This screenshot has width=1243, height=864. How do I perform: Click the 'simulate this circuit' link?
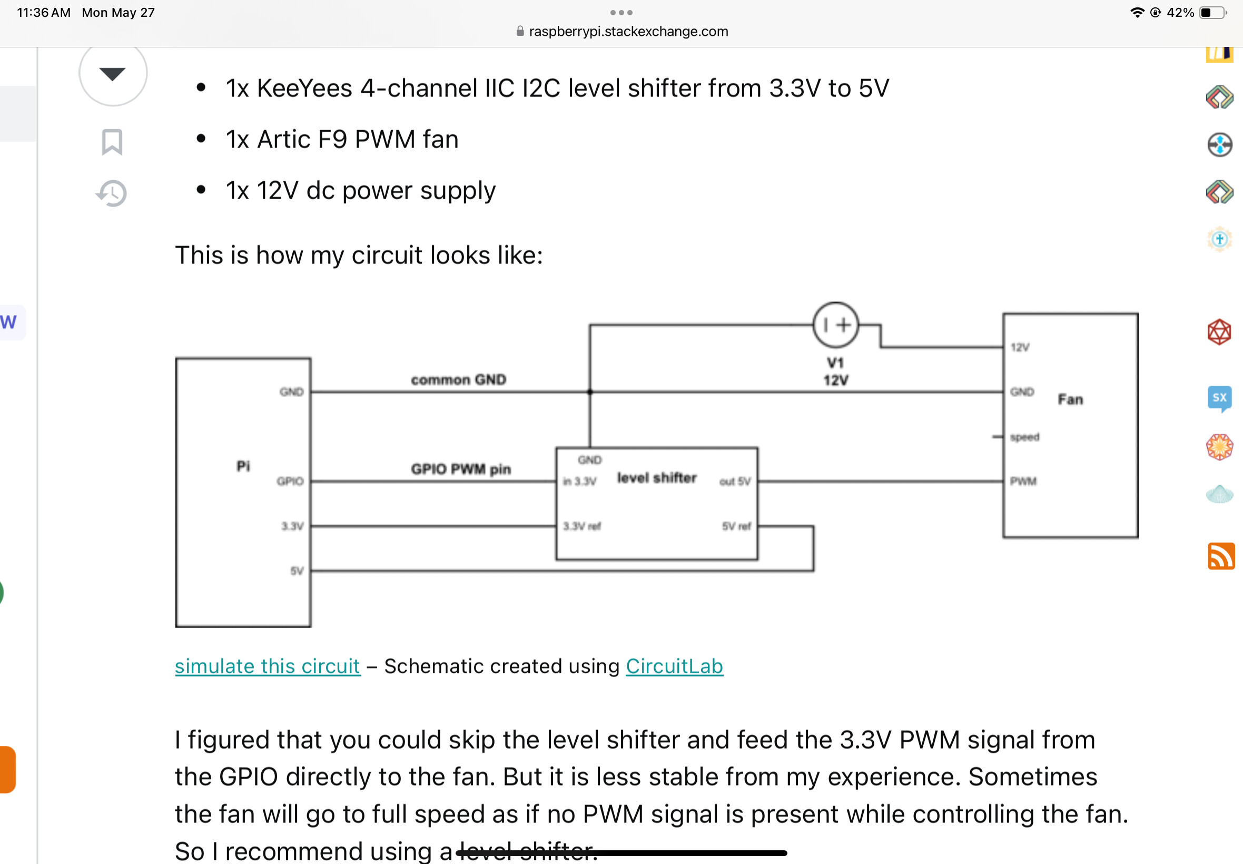268,666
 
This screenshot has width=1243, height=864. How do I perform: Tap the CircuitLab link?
674,666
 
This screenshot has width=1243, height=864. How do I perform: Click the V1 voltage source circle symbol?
835,325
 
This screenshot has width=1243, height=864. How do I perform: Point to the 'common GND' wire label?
458,379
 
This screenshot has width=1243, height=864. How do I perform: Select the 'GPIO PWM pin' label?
460,469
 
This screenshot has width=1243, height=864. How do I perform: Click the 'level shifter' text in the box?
656,477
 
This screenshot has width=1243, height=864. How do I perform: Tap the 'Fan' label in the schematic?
1070,399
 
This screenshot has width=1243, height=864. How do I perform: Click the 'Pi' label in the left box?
243,466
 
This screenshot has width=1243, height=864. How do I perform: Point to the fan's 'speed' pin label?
1024,437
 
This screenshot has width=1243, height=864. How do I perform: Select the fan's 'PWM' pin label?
1023,482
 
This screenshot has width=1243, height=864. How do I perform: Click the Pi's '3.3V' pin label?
292,526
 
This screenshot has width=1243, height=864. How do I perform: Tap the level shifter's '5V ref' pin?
736,526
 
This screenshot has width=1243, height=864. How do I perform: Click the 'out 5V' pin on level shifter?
734,482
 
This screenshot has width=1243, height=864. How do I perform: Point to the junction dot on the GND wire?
590,392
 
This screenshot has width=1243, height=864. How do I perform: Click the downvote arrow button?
113,73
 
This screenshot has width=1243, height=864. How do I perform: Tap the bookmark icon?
112,142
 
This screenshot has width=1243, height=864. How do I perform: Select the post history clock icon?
112,193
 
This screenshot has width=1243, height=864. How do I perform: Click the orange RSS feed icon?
1221,556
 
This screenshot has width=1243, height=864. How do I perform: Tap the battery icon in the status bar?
1212,13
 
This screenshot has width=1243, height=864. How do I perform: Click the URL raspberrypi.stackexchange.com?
628,32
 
